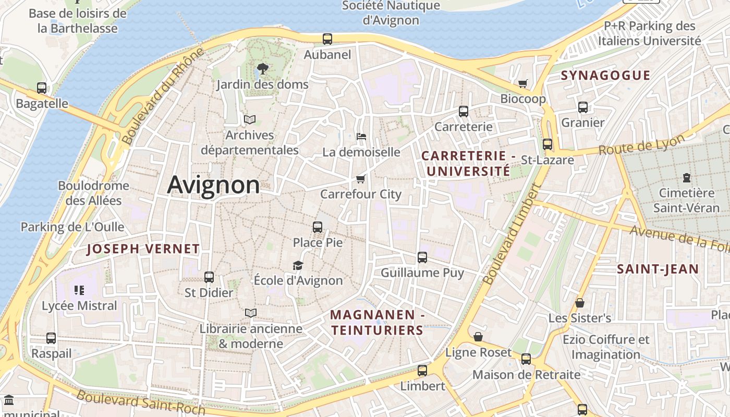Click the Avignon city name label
coord(213,185)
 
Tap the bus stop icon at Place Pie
coord(318,227)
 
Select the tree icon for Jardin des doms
coord(263,68)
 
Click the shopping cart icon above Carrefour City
coord(360,179)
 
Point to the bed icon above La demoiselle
coord(361,137)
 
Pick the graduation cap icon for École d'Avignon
coord(298,265)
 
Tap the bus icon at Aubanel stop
coord(327,39)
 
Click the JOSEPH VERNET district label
coord(143,249)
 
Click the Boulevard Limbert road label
coord(510,234)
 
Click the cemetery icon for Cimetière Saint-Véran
coord(687,178)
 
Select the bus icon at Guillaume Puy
coord(422,257)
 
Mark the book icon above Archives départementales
coord(250,120)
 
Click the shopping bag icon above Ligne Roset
coord(478,337)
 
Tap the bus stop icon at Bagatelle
coord(42,88)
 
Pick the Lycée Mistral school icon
coord(79,290)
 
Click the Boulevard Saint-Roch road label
coord(141,402)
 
